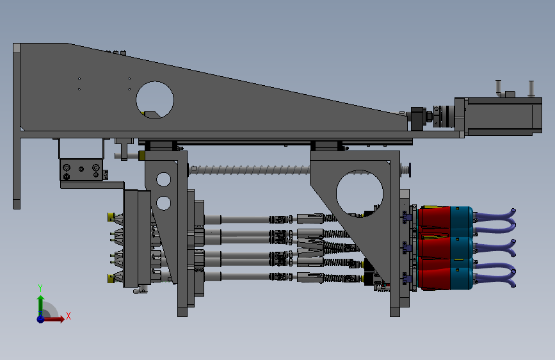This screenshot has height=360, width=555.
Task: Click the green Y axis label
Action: (40, 288)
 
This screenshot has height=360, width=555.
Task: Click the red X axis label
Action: (68, 316)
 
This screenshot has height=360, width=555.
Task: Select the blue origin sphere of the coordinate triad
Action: (41, 319)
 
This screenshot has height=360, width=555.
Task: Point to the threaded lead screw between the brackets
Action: (249, 170)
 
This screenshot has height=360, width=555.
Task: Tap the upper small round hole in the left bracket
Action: (163, 179)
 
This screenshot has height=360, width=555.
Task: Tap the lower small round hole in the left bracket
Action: (163, 204)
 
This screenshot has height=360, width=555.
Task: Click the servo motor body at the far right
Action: (503, 116)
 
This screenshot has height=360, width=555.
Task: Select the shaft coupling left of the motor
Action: (444, 116)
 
